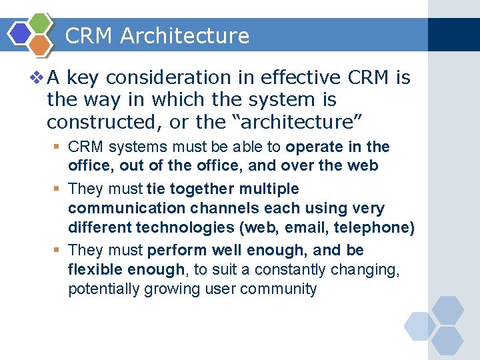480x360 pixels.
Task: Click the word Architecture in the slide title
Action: click(185, 36)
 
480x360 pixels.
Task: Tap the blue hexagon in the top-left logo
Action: click(20, 32)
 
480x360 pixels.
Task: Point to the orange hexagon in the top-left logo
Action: click(41, 44)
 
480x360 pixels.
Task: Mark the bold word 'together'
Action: click(198, 189)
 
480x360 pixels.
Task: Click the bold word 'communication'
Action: click(119, 208)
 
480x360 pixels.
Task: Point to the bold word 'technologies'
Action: click(186, 227)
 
